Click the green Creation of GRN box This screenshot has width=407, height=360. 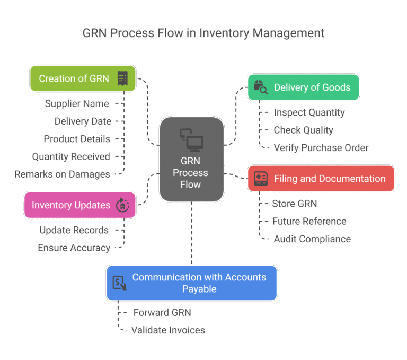pyautogui.click(x=82, y=78)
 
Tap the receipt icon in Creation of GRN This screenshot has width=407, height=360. pyautogui.click(x=122, y=78)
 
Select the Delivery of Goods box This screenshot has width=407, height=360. pyautogui.click(x=303, y=87)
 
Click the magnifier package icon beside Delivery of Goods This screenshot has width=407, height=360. pyautogui.click(x=261, y=87)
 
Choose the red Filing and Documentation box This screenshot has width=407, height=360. pyautogui.click(x=321, y=179)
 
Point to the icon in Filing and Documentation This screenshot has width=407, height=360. pyautogui.click(x=261, y=179)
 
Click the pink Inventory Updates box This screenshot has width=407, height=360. pyautogui.click(x=79, y=205)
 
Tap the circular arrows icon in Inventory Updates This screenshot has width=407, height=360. pyautogui.click(x=122, y=205)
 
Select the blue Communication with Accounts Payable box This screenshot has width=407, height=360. pyautogui.click(x=192, y=283)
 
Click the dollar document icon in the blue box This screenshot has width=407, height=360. pyautogui.click(x=120, y=283)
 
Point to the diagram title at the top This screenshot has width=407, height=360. pyautogui.click(x=203, y=33)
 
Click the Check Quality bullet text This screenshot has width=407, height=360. pyautogui.click(x=303, y=130)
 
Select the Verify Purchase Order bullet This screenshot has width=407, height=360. pyautogui.click(x=321, y=147)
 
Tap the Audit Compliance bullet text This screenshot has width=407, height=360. pyautogui.click(x=312, y=239)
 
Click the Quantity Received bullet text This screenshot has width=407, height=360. pyautogui.click(x=72, y=156)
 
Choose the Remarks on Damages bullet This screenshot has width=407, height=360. pyautogui.click(x=63, y=174)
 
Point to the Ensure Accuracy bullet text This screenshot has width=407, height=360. pyautogui.click(x=74, y=248)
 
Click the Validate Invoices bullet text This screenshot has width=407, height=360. pyautogui.click(x=169, y=330)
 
